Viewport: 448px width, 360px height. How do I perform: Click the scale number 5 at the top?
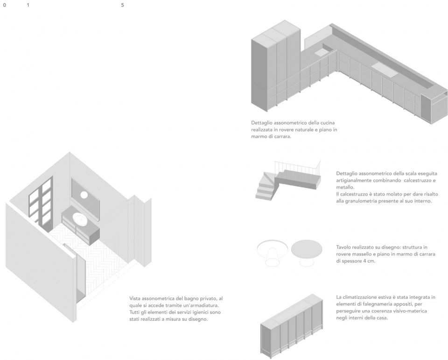pos(123,5)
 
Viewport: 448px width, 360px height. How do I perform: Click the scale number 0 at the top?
pos(4,5)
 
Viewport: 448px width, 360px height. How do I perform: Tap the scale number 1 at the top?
pos(28,5)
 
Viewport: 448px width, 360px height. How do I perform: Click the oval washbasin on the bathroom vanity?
pos(81,219)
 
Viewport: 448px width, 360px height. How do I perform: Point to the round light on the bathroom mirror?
pos(84,195)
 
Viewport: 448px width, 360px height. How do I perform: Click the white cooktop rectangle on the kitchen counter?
pos(385,70)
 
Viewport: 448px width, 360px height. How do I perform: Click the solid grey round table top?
pos(307,248)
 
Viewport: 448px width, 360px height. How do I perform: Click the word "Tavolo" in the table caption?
pos(343,247)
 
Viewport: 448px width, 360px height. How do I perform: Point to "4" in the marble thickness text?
pos(364,261)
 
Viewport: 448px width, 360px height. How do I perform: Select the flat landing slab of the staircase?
pos(298,178)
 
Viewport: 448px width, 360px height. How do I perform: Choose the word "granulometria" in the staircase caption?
pos(360,201)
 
